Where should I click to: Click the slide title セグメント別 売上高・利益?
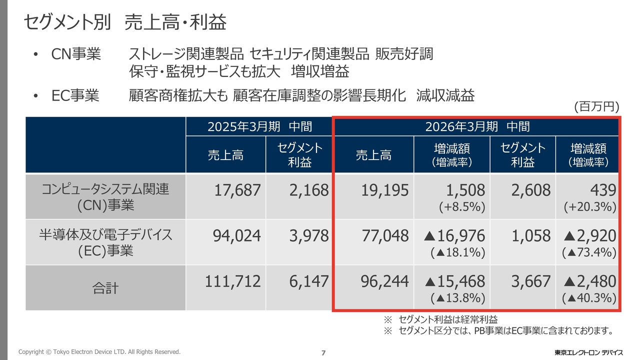[125, 22]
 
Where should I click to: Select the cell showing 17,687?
[237, 190]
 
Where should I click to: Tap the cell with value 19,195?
[384, 190]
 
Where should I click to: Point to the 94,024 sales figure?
[237, 235]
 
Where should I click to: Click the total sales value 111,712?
[233, 281]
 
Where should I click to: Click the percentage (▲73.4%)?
[589, 252]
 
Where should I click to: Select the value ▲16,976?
[454, 235]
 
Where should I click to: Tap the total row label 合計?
[105, 288]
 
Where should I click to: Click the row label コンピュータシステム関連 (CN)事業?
[105, 196]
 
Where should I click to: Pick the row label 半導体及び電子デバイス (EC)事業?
[105, 242]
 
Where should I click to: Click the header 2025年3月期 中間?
[260, 126]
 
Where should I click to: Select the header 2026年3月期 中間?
[477, 126]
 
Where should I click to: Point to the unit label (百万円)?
[596, 106]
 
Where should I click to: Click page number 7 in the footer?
[323, 353]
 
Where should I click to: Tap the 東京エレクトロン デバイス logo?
[588, 352]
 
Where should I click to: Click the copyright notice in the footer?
[99, 352]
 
